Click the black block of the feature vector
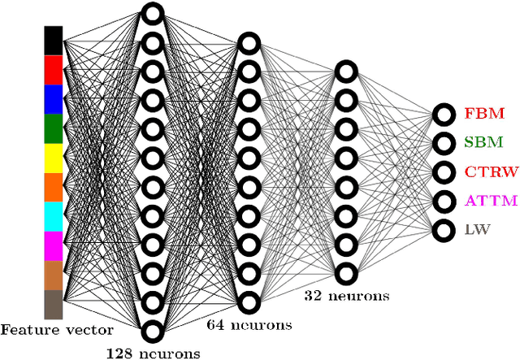click(53, 41)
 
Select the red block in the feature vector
click(53, 70)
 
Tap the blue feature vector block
click(53, 99)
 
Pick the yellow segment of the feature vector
click(53, 158)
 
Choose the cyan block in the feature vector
click(53, 217)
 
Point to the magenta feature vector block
click(53, 246)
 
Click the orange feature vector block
click(53, 188)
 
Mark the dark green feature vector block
click(53, 129)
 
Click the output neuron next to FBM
click(444, 114)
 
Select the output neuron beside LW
click(444, 230)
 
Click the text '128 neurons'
click(153, 353)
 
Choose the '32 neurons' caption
click(347, 296)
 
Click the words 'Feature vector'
click(56, 330)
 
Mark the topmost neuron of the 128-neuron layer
click(151, 13)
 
